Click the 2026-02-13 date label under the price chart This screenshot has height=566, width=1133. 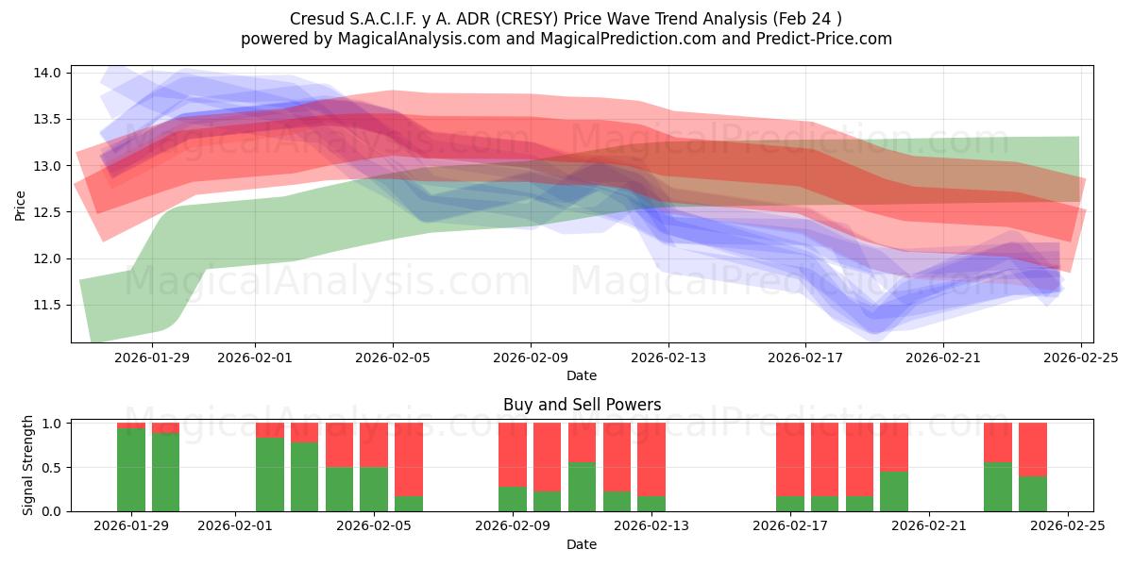(668, 358)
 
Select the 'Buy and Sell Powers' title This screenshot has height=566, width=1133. (582, 405)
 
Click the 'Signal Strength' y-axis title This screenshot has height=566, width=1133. (28, 465)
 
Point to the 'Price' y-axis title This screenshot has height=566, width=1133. (21, 204)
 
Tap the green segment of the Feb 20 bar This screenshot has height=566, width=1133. (894, 491)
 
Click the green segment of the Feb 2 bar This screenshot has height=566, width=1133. (270, 474)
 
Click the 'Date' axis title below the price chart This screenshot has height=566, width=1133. (582, 375)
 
